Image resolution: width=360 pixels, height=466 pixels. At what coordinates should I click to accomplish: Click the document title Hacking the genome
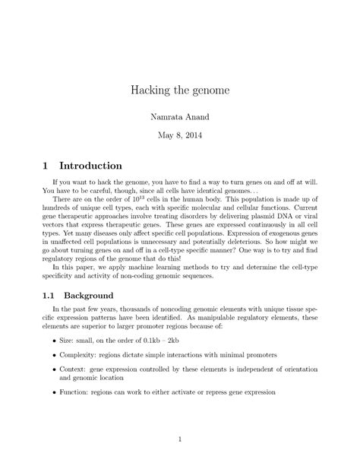179,91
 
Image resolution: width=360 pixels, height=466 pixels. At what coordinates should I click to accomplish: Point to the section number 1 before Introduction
47,165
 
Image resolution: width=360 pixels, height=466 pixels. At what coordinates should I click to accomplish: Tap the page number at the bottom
180,439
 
